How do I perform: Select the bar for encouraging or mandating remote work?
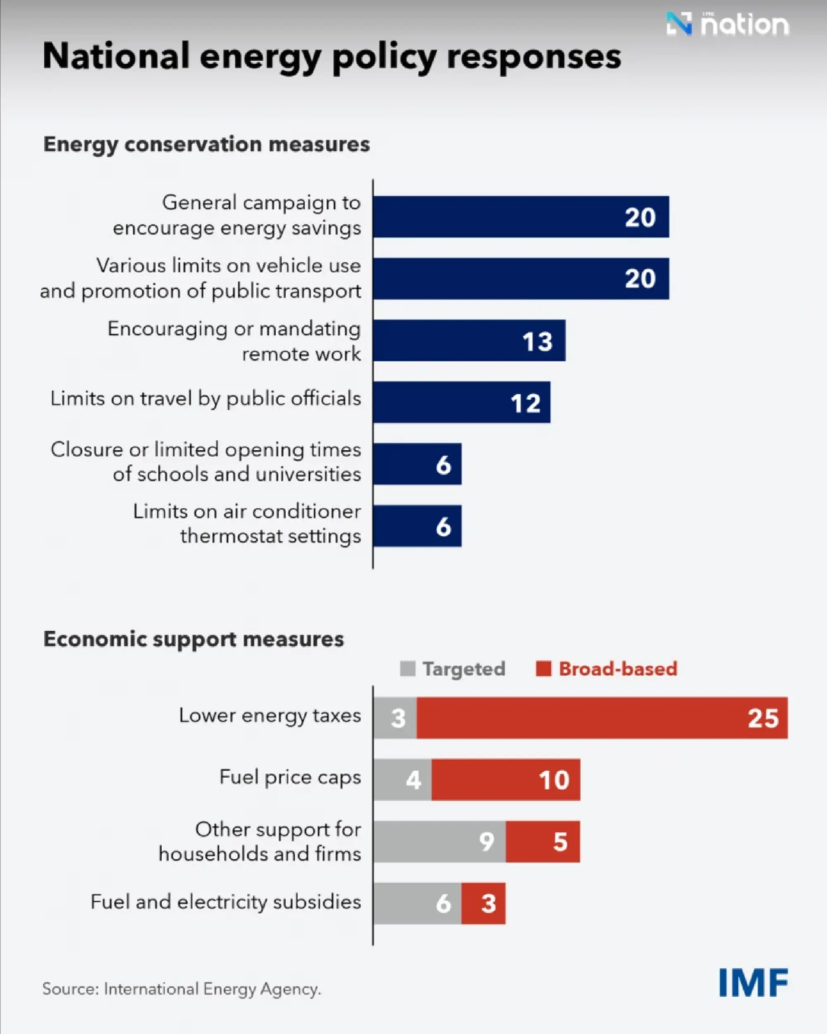pyautogui.click(x=468, y=341)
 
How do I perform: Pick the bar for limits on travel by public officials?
pyautogui.click(x=461, y=402)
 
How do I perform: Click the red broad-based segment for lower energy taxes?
pyautogui.click(x=602, y=718)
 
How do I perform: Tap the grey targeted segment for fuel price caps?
pyautogui.click(x=402, y=780)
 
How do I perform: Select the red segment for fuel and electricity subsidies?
pyautogui.click(x=483, y=903)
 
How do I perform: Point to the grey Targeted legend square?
pyautogui.click(x=407, y=669)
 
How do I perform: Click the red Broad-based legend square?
pyautogui.click(x=543, y=669)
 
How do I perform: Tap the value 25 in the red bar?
pyautogui.click(x=763, y=719)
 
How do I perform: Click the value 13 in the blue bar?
pyautogui.click(x=537, y=341)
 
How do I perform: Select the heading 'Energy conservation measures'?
pyautogui.click(x=207, y=144)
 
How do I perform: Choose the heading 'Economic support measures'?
pyautogui.click(x=194, y=639)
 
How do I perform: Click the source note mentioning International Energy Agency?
pyautogui.click(x=182, y=989)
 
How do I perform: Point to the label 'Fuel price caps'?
pyautogui.click(x=290, y=777)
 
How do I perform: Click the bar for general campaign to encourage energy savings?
pyautogui.click(x=521, y=217)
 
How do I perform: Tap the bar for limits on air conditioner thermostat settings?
pyautogui.click(x=417, y=526)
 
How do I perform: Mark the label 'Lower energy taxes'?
pyautogui.click(x=270, y=716)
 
